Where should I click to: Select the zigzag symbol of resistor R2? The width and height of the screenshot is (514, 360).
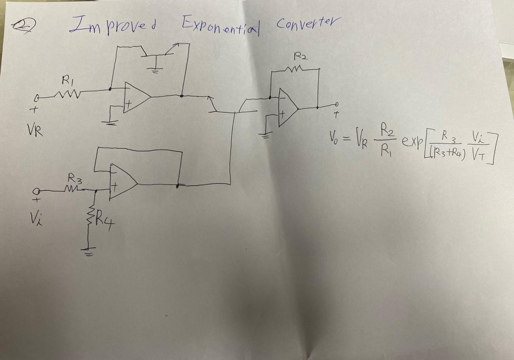(x=296, y=68)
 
